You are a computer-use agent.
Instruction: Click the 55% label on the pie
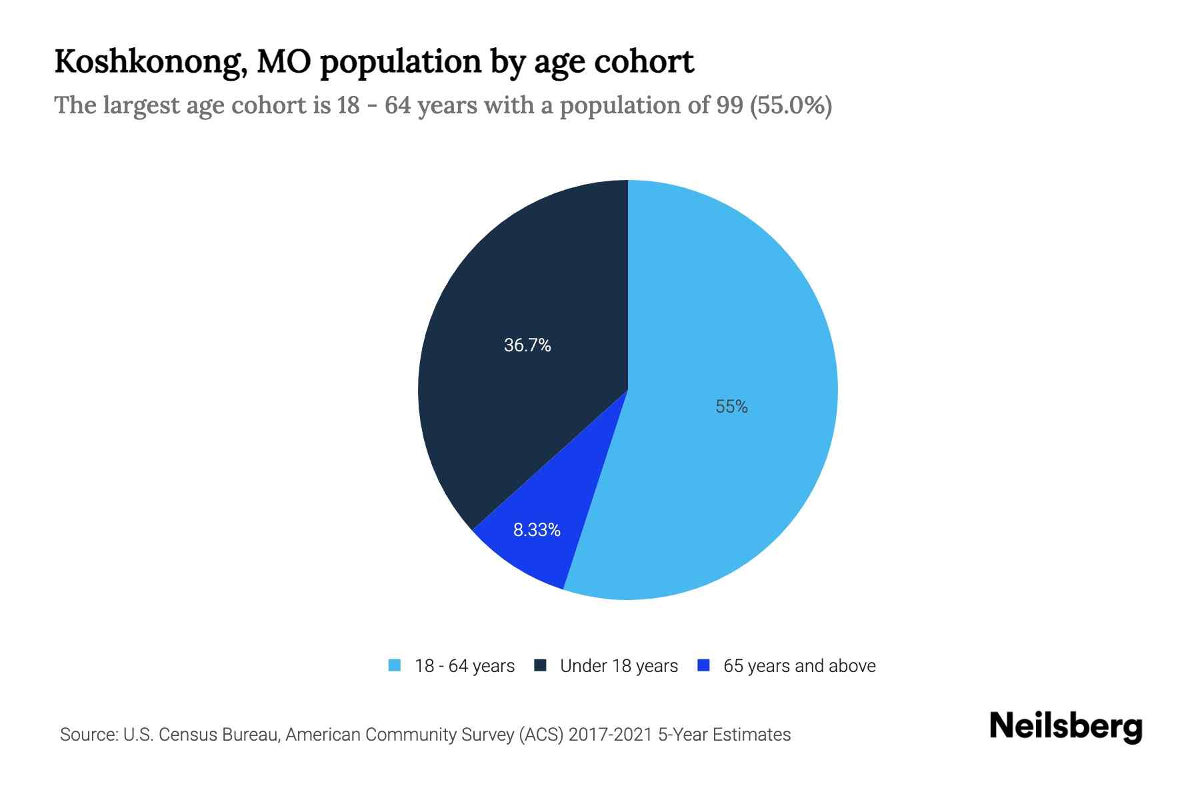coord(731,407)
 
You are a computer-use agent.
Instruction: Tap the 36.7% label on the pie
coord(527,345)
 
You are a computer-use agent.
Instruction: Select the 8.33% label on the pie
coord(537,530)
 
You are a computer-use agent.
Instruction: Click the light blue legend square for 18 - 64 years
coord(395,665)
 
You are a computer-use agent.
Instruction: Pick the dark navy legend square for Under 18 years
coord(541,665)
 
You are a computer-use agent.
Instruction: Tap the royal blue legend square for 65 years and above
coord(703,665)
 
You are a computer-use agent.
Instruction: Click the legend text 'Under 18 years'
coord(619,666)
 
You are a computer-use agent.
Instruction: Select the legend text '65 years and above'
coord(799,666)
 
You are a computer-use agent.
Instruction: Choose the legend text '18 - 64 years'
coord(465,666)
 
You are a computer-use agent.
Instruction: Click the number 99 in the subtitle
coord(730,105)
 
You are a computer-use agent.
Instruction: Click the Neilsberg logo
coord(1065,726)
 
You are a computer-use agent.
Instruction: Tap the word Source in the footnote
coord(88,735)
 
